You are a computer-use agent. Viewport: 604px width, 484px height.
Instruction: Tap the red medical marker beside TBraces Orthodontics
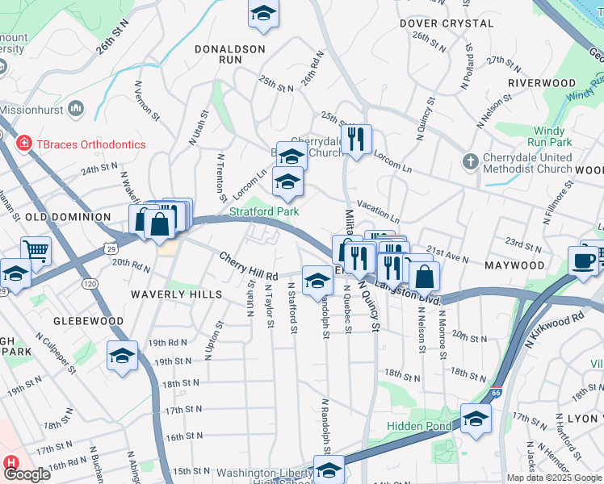point(24,144)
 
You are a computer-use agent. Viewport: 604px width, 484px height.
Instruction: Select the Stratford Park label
point(264,211)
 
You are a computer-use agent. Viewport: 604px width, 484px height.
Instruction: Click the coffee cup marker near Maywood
point(584,260)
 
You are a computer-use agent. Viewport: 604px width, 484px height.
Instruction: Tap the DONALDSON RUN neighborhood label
point(230,54)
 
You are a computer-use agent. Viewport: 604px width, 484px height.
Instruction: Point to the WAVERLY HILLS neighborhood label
point(177,295)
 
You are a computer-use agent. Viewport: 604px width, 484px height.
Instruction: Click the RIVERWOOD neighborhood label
point(541,83)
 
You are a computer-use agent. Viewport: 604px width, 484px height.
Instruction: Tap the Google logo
point(27,474)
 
